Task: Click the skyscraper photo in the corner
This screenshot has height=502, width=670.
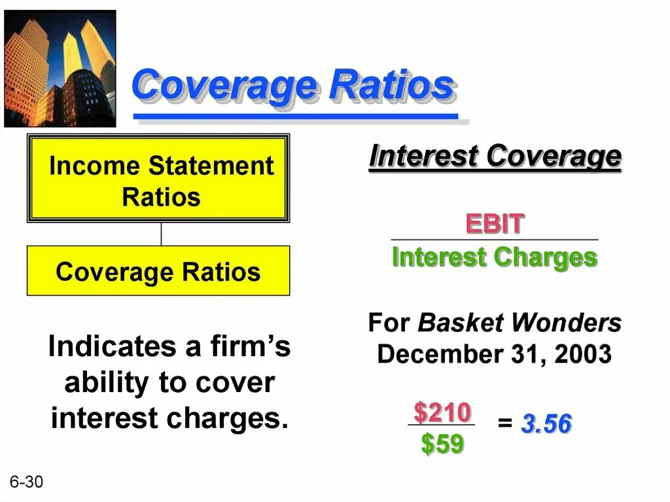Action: pos(60,69)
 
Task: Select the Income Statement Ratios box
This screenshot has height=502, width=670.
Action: pos(158,179)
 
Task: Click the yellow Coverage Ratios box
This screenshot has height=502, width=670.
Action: pos(158,271)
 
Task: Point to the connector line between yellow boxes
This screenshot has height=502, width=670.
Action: pos(161,234)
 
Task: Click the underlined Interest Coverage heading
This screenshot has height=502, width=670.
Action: pos(495,157)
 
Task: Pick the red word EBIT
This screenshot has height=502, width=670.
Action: pos(494,224)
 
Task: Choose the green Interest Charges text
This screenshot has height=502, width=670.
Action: pos(494,257)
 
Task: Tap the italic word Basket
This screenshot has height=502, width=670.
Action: pos(461,323)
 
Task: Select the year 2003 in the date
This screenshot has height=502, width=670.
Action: pos(582,355)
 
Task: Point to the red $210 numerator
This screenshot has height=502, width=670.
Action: pos(442,412)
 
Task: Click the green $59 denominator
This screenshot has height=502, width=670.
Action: pos(442,444)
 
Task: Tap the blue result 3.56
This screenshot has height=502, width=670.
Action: pos(546,425)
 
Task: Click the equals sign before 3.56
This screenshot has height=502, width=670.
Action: pos(504,424)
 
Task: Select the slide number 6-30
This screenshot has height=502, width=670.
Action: pos(26,482)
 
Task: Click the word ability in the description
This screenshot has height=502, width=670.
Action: pos(104,383)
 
